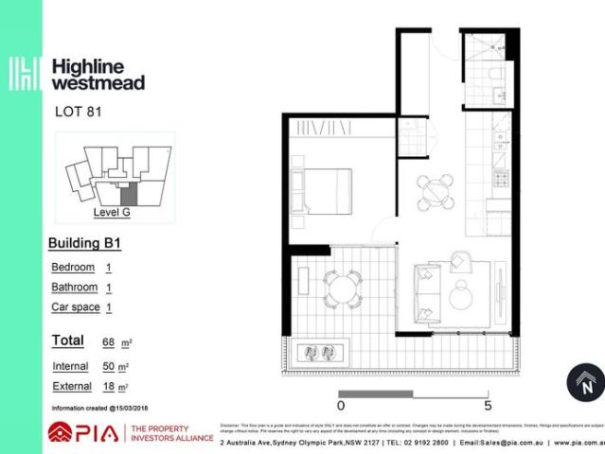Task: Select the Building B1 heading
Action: click(x=85, y=244)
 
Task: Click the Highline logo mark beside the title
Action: click(x=24, y=75)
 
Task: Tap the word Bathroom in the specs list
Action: click(x=75, y=288)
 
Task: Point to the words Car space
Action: click(x=75, y=307)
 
